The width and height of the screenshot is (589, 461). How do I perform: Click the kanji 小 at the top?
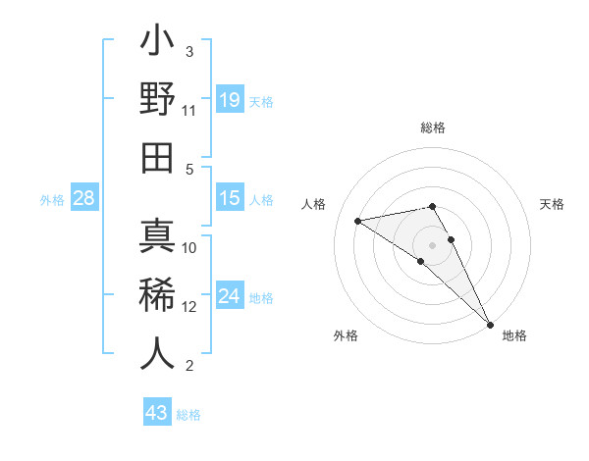point(157,43)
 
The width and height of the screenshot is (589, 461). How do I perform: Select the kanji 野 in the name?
point(157,101)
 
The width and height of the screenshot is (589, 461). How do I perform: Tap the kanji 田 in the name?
point(157,158)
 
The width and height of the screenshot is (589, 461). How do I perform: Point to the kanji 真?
point(157,236)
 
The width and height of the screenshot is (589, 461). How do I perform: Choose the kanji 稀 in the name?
point(157,295)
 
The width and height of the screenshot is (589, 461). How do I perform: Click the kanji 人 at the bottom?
point(157,354)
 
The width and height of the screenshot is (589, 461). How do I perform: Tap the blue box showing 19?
point(229,99)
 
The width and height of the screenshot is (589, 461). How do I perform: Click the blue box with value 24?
point(229,297)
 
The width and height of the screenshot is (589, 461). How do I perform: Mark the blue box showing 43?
point(156,413)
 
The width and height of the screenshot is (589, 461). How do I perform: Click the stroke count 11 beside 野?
point(189,111)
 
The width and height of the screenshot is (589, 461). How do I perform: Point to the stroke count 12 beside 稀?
point(189,307)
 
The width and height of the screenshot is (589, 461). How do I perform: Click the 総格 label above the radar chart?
point(433,128)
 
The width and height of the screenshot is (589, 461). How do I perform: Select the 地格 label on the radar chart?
point(514,335)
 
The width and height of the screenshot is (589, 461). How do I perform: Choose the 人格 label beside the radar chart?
point(314,204)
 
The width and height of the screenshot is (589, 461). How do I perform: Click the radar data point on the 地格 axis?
point(490,324)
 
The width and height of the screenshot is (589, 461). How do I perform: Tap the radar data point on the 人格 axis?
point(358,221)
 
